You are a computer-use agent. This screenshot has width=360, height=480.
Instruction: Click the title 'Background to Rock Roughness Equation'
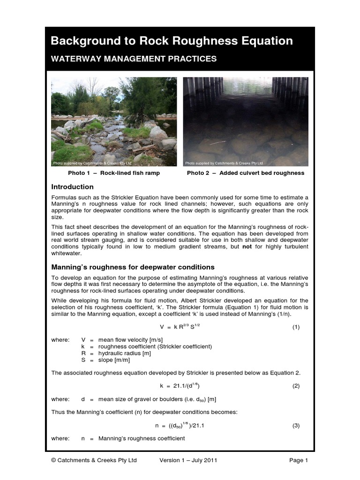172,41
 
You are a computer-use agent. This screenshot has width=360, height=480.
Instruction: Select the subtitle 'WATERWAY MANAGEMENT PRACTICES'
134,59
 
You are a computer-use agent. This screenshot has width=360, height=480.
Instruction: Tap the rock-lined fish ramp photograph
114,122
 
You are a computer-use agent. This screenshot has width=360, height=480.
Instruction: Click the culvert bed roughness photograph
246,122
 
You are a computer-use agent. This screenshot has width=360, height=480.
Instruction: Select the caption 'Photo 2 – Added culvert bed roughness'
246,173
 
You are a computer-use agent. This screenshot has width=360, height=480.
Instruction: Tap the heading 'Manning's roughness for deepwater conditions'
133,267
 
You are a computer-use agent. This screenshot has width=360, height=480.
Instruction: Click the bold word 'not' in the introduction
247,247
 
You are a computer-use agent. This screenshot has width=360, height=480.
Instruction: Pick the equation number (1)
296,327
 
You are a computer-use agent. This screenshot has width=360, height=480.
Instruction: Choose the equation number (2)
296,386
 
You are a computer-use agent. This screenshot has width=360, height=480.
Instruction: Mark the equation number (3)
296,426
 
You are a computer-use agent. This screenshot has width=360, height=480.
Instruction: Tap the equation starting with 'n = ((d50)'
180,426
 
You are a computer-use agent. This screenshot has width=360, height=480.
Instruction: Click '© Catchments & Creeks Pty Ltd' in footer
94,460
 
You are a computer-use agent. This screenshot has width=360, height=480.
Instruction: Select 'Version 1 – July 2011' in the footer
188,460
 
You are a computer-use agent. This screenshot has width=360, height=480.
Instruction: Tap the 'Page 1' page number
299,460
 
